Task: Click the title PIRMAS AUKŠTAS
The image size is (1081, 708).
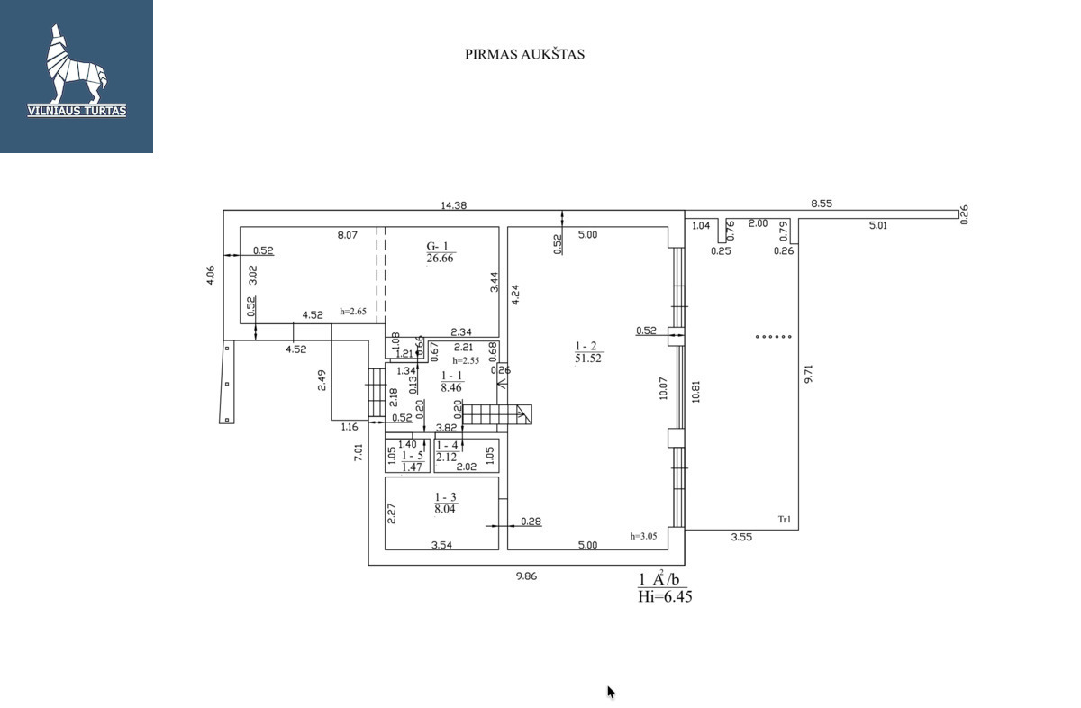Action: pos(524,54)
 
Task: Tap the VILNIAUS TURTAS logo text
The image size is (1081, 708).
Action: pos(77,111)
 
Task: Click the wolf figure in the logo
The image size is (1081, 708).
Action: pos(76,64)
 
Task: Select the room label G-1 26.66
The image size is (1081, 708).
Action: pos(441,252)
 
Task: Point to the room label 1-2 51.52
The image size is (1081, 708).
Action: pos(588,352)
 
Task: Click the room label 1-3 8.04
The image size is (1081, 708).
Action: pos(445,503)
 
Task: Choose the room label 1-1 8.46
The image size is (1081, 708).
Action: pos(451,382)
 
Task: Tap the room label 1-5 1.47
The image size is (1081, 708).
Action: pos(413,461)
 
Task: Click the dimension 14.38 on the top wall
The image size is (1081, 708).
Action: pos(454,205)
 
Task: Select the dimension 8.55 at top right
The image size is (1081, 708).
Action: pos(822,204)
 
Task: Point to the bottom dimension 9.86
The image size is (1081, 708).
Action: pos(526,576)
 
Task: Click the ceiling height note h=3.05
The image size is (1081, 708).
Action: pos(643,536)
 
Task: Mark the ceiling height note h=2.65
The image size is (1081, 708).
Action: pos(353,312)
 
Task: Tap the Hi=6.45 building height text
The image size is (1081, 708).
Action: pos(665,597)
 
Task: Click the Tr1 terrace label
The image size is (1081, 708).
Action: pos(785,520)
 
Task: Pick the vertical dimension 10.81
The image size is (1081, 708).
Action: pos(695,392)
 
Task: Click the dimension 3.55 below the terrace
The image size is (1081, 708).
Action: pos(741,537)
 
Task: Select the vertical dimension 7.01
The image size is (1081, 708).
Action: pos(359,453)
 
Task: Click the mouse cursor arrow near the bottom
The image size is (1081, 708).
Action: pos(611,693)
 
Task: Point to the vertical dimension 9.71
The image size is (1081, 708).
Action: pos(809,374)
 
